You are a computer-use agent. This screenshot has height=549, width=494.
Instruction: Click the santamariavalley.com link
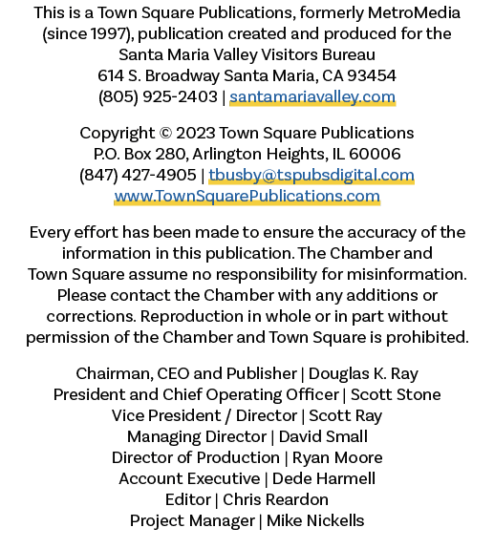312,97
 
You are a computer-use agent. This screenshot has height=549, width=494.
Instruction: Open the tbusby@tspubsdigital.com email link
311,175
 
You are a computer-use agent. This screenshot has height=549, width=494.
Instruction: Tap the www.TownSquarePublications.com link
247,196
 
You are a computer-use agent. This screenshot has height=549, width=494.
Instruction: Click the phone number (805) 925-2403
158,97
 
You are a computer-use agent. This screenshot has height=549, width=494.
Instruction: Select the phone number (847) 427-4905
138,175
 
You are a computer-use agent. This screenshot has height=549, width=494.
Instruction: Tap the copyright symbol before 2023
165,134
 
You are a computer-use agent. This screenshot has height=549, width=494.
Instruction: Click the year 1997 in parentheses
108,34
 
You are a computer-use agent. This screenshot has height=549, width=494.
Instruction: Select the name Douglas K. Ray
363,374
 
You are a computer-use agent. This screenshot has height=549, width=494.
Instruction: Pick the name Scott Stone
396,394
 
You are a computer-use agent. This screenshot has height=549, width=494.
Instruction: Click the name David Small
323,436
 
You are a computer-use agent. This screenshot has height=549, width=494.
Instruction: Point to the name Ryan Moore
337,458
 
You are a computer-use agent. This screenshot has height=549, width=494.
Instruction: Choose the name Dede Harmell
324,478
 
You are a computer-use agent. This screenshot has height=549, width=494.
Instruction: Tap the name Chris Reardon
276,499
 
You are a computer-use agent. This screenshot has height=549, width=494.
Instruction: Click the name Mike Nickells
315,520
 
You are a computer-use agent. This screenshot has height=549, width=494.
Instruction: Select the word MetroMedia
414,13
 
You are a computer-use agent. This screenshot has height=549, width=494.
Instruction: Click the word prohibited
427,338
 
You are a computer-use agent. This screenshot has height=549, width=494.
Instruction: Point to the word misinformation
407,274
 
